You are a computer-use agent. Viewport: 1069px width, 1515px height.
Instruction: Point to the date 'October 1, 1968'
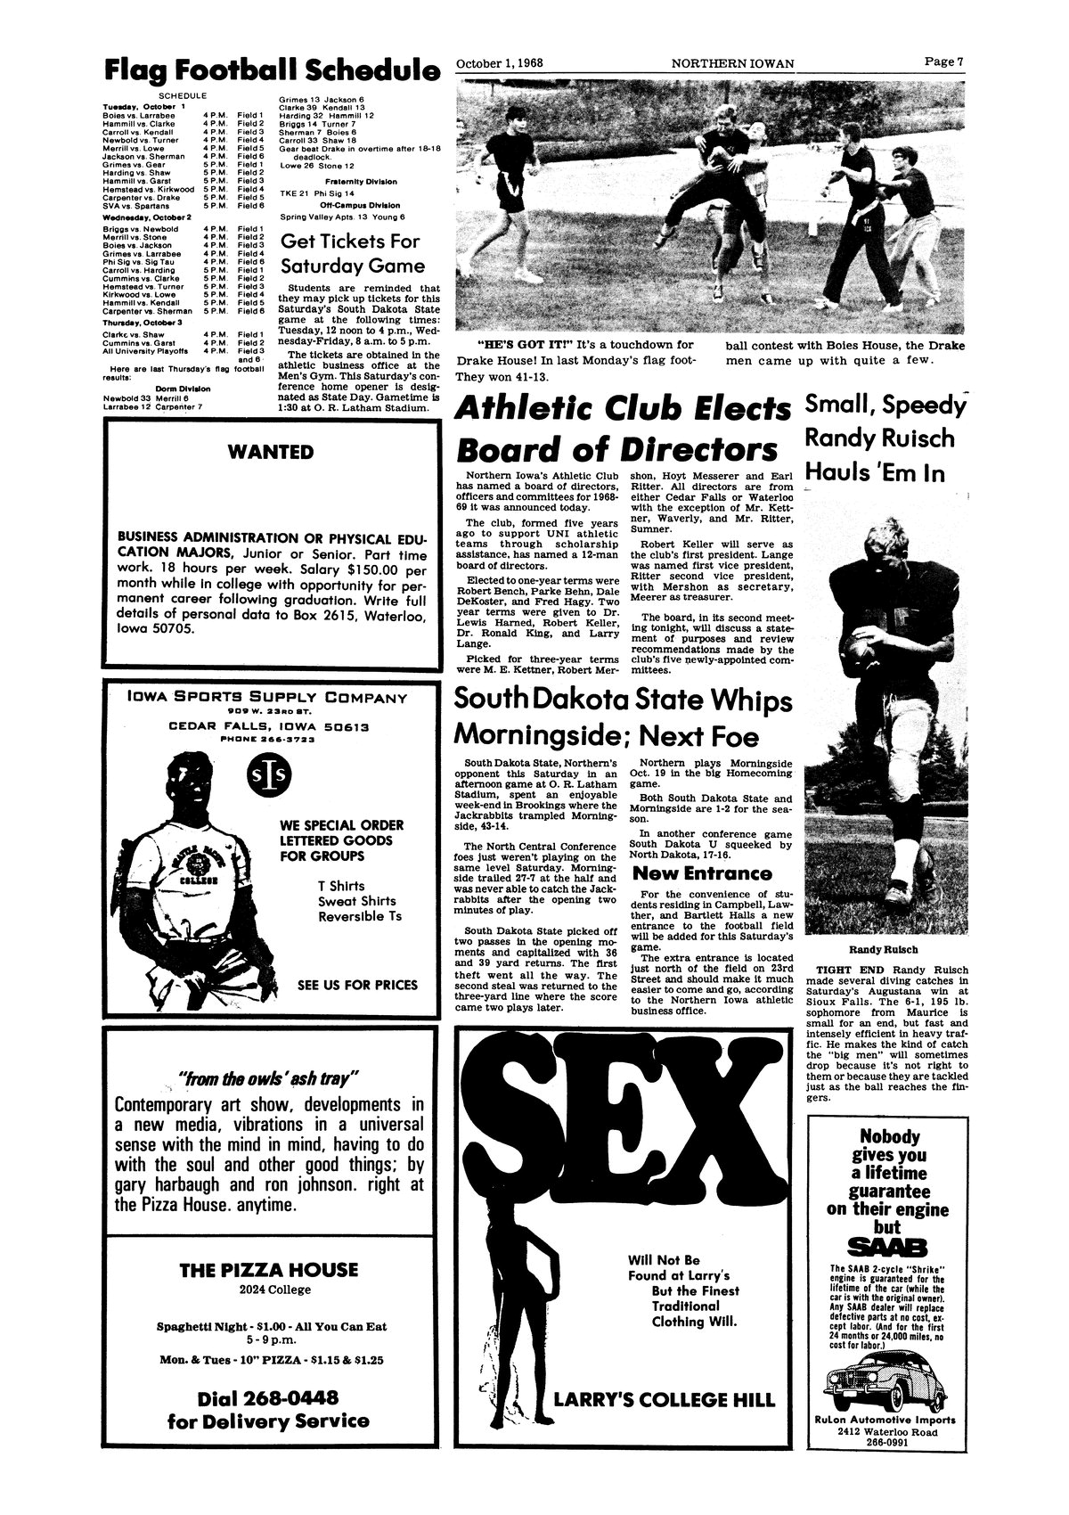[500, 63]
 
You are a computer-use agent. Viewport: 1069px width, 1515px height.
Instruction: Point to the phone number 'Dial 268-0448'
[269, 1396]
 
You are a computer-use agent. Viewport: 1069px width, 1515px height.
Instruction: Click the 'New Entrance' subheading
[701, 872]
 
